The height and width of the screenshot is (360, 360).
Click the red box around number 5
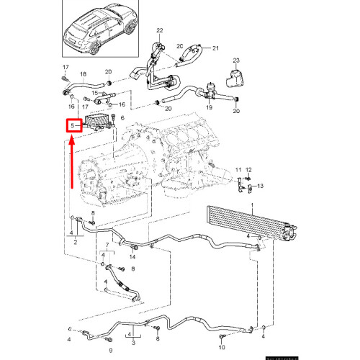(72, 125)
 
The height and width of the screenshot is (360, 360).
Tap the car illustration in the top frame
(100, 24)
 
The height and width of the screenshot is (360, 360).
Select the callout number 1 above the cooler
(252, 205)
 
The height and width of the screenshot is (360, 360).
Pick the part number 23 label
(235, 60)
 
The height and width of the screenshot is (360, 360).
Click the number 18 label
(83, 73)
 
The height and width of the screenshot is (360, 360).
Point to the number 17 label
(64, 68)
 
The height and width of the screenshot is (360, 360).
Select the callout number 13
(261, 186)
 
